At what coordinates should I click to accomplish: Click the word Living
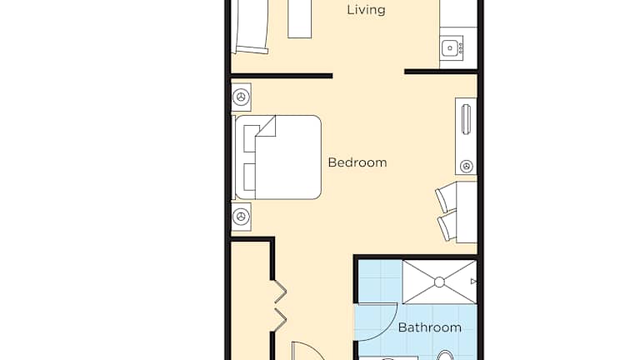(366, 10)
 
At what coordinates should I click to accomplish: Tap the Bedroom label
(357, 162)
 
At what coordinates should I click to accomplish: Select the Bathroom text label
(430, 327)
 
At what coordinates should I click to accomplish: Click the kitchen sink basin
(450, 48)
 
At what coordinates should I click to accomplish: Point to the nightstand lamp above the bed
(241, 97)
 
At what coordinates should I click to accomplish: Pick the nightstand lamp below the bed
(241, 217)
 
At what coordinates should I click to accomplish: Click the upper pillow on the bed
(250, 139)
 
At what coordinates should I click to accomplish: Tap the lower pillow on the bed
(249, 177)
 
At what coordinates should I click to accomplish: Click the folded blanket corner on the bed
(266, 127)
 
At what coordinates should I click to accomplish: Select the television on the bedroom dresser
(466, 119)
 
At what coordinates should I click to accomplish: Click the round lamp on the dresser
(467, 166)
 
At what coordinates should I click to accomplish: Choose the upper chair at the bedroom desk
(446, 197)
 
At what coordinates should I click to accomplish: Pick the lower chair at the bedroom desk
(447, 226)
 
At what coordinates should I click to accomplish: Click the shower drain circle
(440, 282)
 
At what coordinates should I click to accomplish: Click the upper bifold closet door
(280, 292)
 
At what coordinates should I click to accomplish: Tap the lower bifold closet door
(280, 320)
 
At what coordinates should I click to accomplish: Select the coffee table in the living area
(300, 19)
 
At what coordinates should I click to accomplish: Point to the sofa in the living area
(250, 27)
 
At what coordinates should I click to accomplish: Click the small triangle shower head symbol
(473, 282)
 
